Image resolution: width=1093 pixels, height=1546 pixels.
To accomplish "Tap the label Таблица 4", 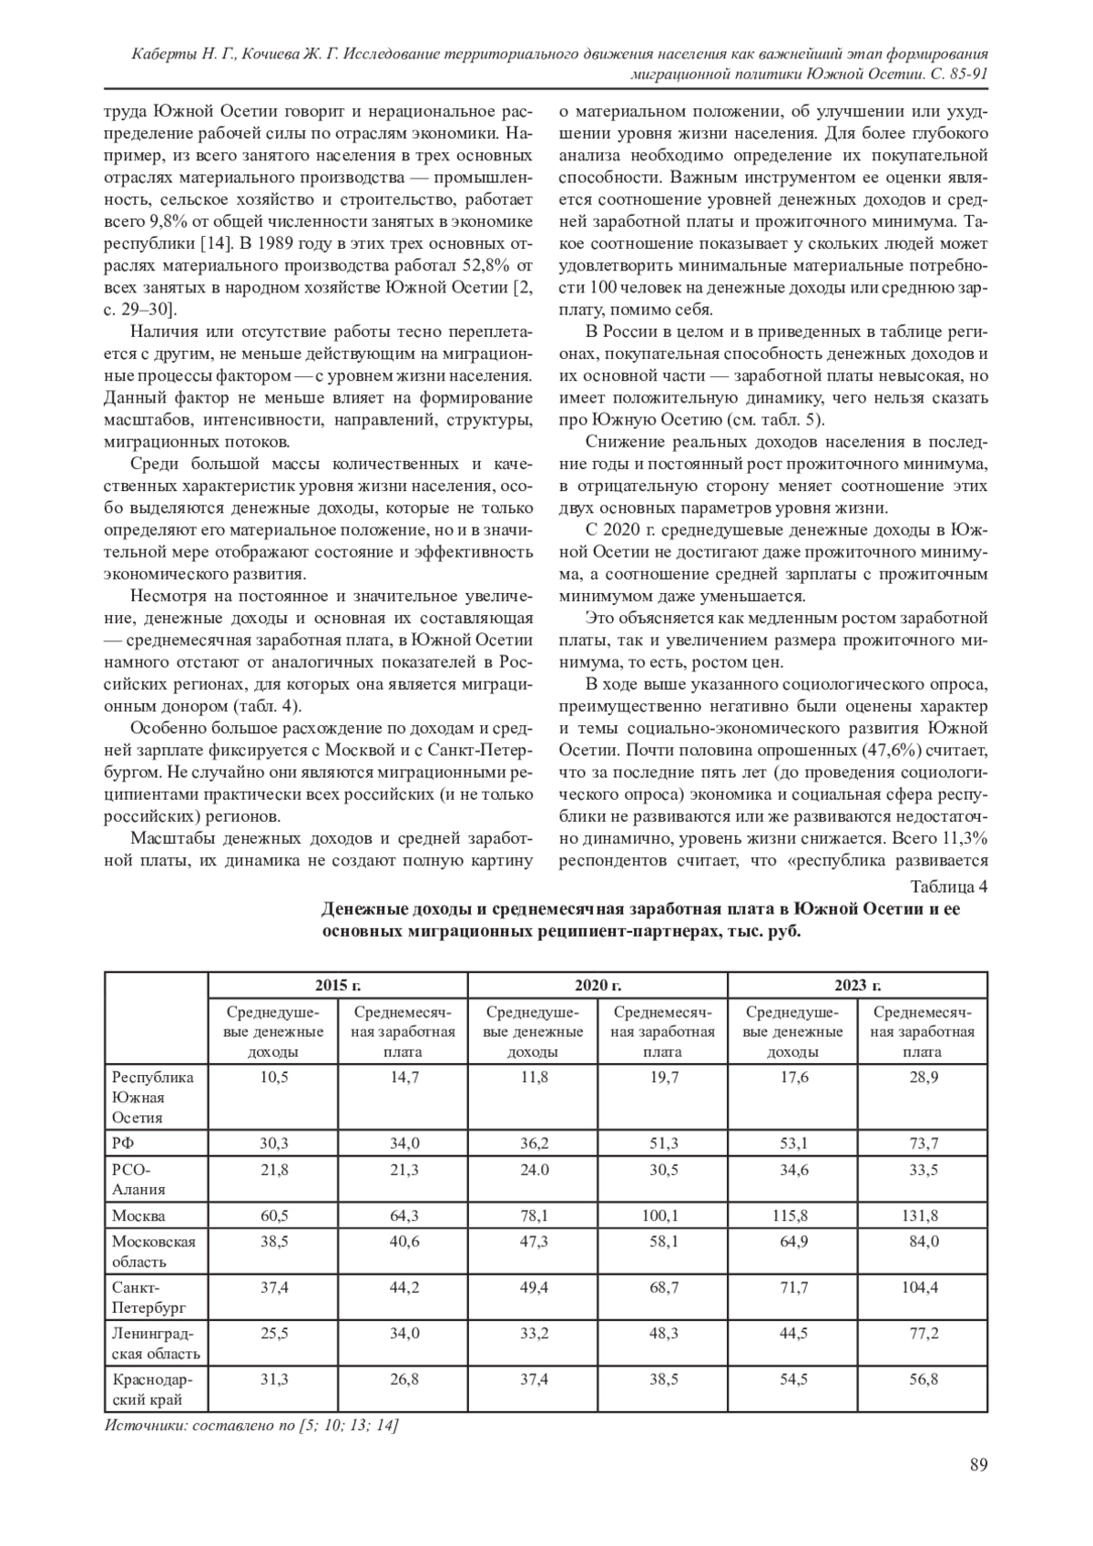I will pyautogui.click(x=948, y=886).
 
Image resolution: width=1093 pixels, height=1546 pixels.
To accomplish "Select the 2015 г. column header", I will pyautogui.click(x=338, y=985).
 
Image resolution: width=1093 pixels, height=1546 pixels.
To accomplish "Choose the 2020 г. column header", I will pyautogui.click(x=598, y=985).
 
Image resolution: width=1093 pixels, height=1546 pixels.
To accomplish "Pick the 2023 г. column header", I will pyautogui.click(x=857, y=985).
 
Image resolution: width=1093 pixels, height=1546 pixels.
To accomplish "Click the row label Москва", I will pyautogui.click(x=138, y=1215).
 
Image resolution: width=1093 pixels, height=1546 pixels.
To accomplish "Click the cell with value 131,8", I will pyautogui.click(x=922, y=1215).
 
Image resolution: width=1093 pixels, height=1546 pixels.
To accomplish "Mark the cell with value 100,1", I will pyautogui.click(x=662, y=1215).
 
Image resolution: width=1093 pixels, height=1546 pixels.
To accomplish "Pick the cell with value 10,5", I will pyautogui.click(x=274, y=1076).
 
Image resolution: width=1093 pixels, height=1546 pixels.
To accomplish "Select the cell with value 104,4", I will pyautogui.click(x=922, y=1287).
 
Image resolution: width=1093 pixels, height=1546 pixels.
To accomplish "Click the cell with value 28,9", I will pyautogui.click(x=922, y=1076).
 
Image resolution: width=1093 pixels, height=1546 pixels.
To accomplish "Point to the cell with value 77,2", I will pyautogui.click(x=922, y=1334).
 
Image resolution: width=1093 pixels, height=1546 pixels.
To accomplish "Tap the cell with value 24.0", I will pyautogui.click(x=534, y=1170).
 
